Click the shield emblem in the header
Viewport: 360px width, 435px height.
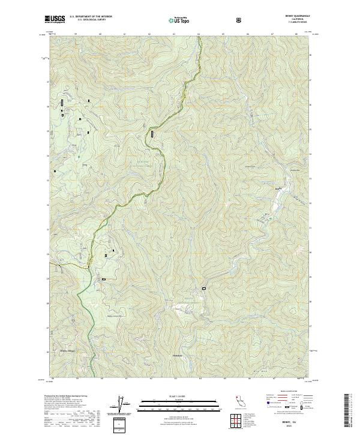240,20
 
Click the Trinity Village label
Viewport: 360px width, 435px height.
70,352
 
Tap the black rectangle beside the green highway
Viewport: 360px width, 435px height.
152,134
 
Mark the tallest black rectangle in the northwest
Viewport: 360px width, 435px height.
61,104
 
